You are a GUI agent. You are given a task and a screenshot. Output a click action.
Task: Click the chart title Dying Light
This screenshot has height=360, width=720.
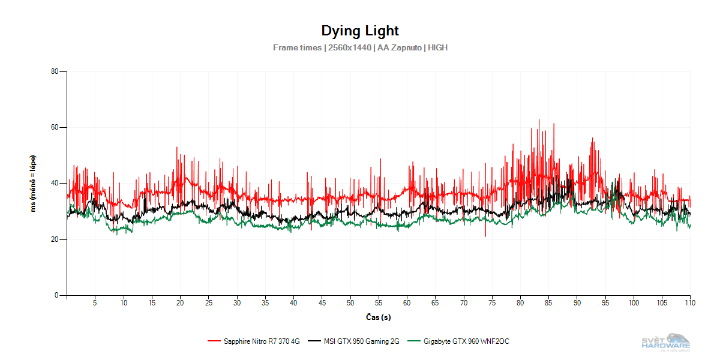click(x=359, y=31)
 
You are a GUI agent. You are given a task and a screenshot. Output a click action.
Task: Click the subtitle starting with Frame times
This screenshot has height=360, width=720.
click(x=360, y=47)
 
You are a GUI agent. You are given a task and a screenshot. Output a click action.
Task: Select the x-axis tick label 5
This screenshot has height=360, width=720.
click(x=95, y=302)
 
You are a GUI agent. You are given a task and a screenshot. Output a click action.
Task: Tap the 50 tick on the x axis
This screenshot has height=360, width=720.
click(x=350, y=302)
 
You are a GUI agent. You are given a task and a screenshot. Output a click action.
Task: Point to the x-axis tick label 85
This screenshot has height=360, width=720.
click(x=548, y=302)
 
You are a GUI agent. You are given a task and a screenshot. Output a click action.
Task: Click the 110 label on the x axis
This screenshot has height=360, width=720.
click(x=690, y=302)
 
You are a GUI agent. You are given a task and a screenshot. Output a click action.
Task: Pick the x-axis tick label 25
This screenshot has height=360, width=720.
click(x=208, y=302)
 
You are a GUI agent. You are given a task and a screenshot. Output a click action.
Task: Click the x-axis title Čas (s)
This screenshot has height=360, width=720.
click(x=378, y=317)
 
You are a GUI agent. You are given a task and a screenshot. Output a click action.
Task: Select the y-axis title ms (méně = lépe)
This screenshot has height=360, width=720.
click(x=34, y=184)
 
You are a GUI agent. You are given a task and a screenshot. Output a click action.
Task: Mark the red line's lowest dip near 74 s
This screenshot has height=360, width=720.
click(x=485, y=235)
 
